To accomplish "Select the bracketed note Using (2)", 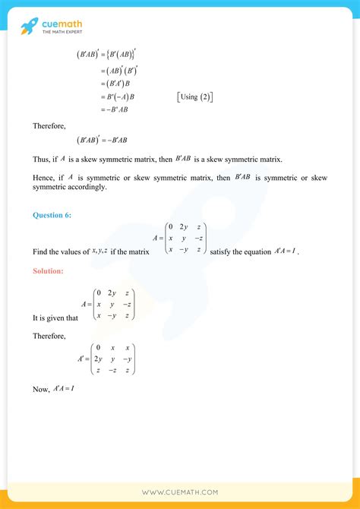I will point(194,96).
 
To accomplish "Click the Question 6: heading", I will point(52,215).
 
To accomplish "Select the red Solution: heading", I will point(49,270).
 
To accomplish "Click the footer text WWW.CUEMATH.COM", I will point(179,492).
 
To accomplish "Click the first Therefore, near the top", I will point(49,125).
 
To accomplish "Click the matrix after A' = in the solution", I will point(114,359).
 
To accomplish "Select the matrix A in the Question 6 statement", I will point(185,238).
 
